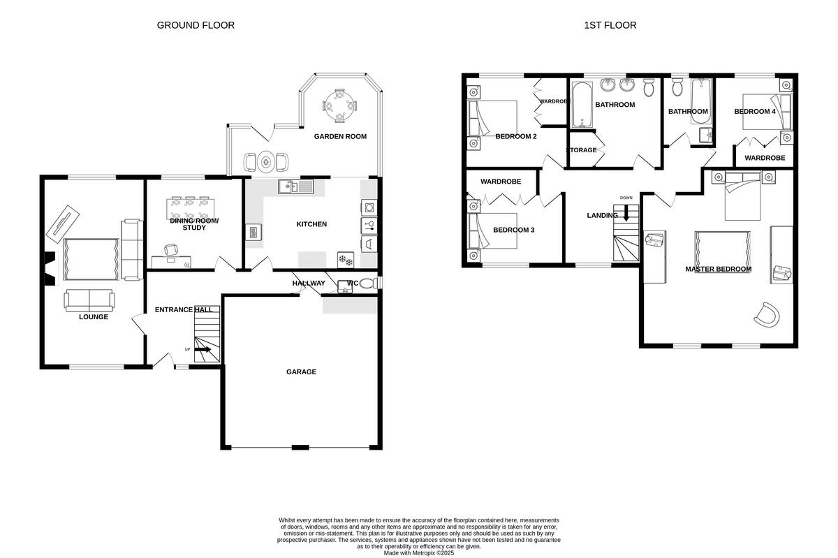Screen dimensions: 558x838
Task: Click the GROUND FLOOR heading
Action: coord(196,25)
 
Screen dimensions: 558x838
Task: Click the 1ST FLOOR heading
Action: coord(610,25)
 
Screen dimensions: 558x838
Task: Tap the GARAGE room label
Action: coord(301,372)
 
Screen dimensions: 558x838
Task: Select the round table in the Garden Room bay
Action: coord(339,107)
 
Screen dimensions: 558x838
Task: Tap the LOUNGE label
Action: coord(93,317)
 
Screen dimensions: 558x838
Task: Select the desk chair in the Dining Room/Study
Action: coord(170,250)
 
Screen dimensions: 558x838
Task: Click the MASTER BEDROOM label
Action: coord(718,269)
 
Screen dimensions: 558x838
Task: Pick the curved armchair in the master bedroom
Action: coord(766,315)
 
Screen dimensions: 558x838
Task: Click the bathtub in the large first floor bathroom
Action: coord(582,105)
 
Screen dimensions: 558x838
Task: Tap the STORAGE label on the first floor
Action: coord(581,150)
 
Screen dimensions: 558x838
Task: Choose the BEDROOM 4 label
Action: coord(755,112)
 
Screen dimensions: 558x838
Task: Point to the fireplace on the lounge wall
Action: coord(48,268)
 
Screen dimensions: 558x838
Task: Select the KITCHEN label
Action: coord(311,224)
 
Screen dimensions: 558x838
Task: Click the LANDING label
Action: coord(601,216)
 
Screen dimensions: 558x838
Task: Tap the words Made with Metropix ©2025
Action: coord(419,552)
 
